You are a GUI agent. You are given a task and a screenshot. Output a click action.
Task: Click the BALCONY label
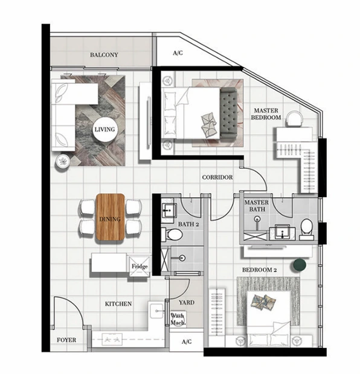point(104,55)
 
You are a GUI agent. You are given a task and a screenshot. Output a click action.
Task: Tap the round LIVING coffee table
point(105,129)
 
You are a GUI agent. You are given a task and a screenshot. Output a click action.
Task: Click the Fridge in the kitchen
point(140,266)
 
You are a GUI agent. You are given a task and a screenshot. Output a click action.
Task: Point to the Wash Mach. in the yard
point(178,319)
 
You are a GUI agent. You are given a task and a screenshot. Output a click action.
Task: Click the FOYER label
point(66,340)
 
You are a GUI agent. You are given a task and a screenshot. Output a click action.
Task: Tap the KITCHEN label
point(118,303)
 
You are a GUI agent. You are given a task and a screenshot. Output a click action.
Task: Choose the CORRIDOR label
point(217,177)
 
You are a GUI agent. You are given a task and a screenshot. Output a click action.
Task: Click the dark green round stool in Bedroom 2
point(298,265)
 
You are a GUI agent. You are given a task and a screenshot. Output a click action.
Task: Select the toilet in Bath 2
point(173,234)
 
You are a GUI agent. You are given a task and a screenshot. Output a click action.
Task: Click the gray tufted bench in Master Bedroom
point(228,113)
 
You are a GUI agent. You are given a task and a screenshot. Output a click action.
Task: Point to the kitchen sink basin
point(156,311)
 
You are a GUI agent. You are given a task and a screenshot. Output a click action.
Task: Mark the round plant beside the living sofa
point(63,162)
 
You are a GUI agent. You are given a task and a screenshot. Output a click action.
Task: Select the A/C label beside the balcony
point(178,52)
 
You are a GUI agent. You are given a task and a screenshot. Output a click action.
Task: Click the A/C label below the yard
point(187,341)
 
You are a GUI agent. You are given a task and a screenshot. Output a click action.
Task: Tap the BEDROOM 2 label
point(259,270)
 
